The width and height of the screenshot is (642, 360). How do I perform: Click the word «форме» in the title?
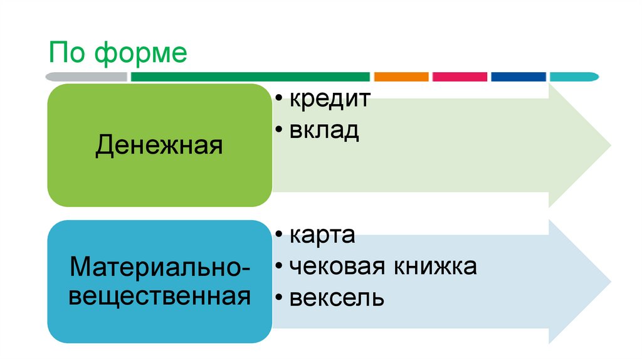coord(141,54)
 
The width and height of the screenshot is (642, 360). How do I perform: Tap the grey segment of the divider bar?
coord(87,77)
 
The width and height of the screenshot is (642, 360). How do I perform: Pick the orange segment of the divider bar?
coord(401,77)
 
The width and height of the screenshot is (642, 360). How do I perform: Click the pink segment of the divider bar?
coord(460,77)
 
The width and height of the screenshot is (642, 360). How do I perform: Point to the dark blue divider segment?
coord(518,77)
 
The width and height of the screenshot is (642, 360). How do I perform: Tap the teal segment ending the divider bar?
coord(573,77)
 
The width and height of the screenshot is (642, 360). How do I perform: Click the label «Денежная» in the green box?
coord(159,147)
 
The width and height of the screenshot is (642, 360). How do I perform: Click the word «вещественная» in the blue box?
coord(159,295)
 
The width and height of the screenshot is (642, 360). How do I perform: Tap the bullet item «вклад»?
coord(324,130)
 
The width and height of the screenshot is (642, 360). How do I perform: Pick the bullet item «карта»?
coord(322,236)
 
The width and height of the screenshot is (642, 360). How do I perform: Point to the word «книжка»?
coord(435,266)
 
